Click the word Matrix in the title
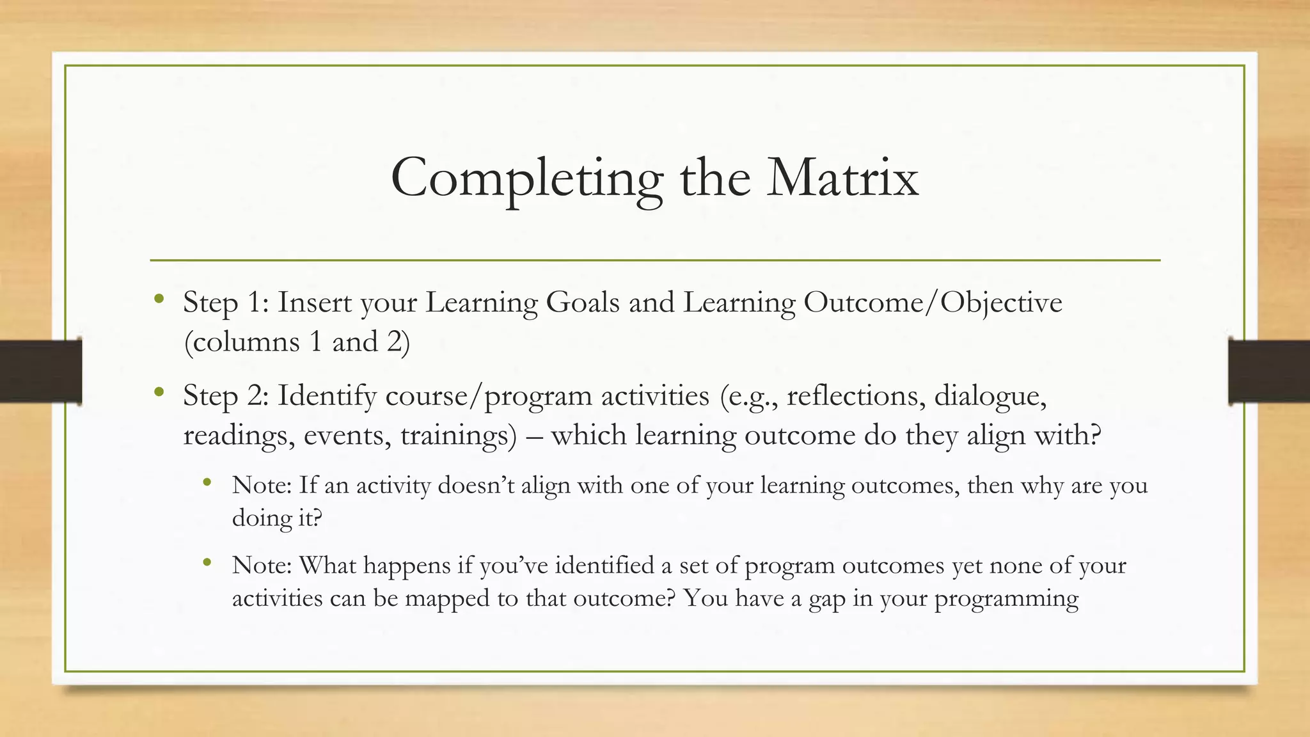[x=842, y=177]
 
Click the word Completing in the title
[x=526, y=178]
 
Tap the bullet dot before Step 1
[x=159, y=298]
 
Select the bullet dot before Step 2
[x=159, y=392]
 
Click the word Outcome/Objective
[x=933, y=303]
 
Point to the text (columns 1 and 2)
[x=296, y=342]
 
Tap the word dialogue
[x=990, y=396]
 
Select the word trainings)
[x=458, y=436]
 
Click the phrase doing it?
[x=276, y=517]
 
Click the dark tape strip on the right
[x=1268, y=371]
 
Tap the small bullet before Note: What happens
[x=207, y=563]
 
